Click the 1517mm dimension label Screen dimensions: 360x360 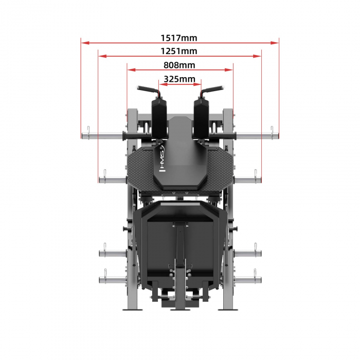(178, 38)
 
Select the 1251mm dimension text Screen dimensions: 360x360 (178, 51)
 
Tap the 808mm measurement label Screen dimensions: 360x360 (179, 65)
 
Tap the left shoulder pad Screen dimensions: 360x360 (158, 116)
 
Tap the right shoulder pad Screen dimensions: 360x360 (201, 116)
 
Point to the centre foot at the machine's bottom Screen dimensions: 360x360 (179, 303)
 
